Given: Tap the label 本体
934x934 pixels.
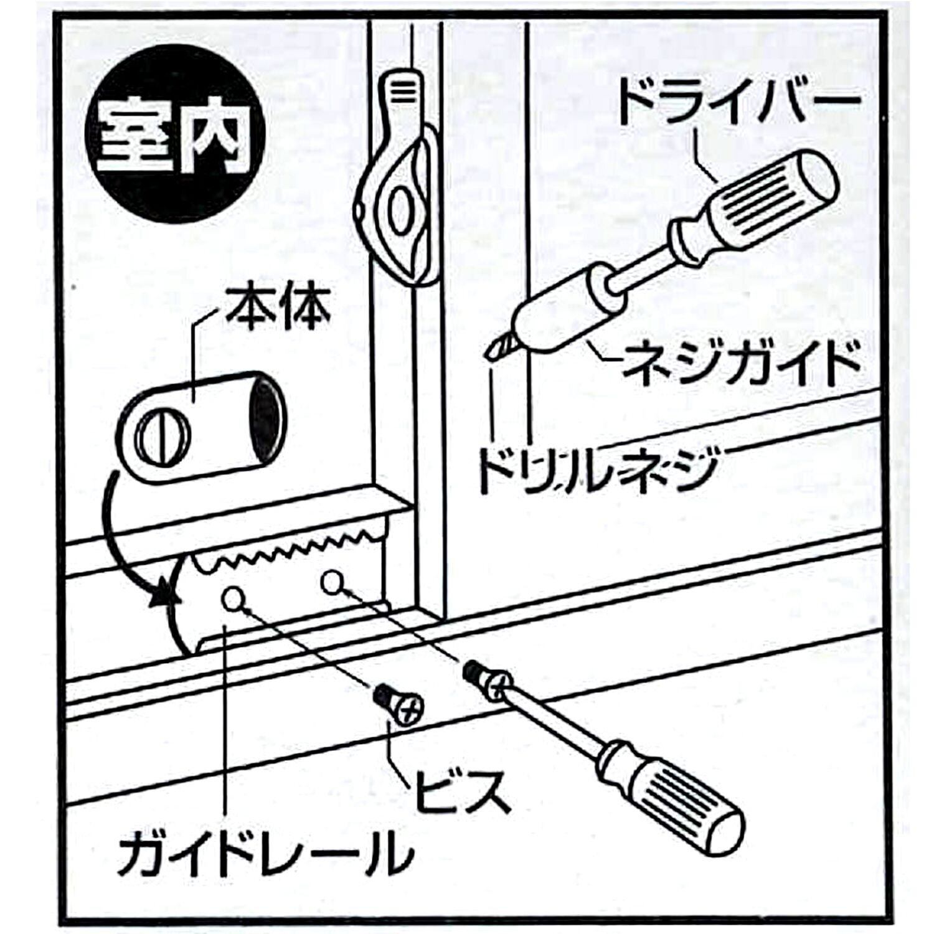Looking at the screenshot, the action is pyautogui.click(x=278, y=309).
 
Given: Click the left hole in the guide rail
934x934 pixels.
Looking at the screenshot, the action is pyautogui.click(x=232, y=599).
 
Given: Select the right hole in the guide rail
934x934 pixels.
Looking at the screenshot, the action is pyautogui.click(x=333, y=583).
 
